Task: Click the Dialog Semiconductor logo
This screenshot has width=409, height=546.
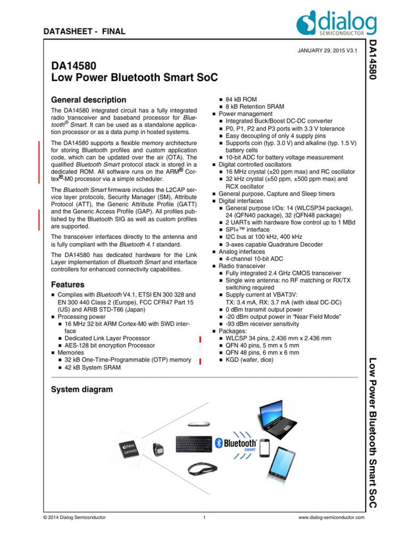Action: point(337,25)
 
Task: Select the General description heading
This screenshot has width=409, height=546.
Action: point(88,100)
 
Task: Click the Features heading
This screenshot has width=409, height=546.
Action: point(68,285)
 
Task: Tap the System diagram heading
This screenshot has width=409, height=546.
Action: point(81,389)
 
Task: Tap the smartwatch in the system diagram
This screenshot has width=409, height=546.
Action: point(158,448)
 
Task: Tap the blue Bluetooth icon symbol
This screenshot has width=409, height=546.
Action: point(218,443)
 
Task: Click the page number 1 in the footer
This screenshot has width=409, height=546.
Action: point(204,517)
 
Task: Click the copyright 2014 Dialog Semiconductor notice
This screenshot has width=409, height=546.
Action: point(75,517)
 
